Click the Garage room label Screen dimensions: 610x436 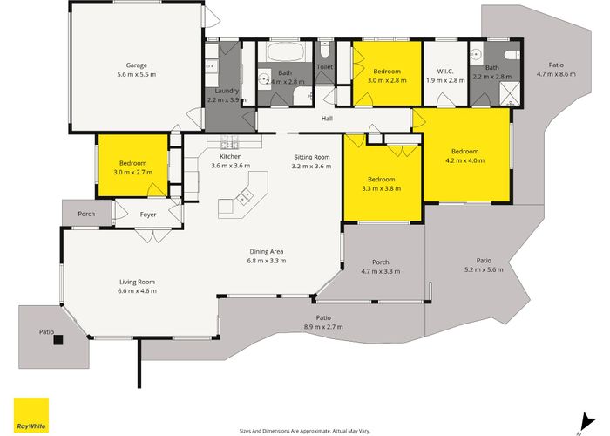[x=137, y=65]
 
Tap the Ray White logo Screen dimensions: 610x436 [x=31, y=415]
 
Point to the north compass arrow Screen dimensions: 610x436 [x=586, y=423]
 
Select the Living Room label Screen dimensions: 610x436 [x=138, y=282]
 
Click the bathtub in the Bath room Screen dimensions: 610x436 [x=285, y=51]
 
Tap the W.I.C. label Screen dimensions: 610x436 [x=445, y=72]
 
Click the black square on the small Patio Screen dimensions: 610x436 [x=58, y=340]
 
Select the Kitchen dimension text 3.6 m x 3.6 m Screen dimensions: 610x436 [x=231, y=166]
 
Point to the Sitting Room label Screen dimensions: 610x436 [x=312, y=157]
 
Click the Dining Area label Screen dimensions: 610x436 [x=267, y=252]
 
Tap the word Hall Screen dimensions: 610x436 [x=327, y=119]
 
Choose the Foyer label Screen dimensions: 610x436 [x=148, y=215]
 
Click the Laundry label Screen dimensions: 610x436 [x=227, y=91]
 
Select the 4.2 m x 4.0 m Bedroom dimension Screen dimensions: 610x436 [x=464, y=160]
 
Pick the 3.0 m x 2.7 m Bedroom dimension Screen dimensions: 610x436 [x=133, y=172]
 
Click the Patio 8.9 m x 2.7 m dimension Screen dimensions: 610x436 [x=323, y=327]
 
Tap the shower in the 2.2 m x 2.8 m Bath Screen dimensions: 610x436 [x=510, y=93]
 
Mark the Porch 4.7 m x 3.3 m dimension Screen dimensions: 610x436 [x=381, y=271]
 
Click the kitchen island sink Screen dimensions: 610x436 [x=245, y=195]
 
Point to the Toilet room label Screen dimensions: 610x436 [x=325, y=67]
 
